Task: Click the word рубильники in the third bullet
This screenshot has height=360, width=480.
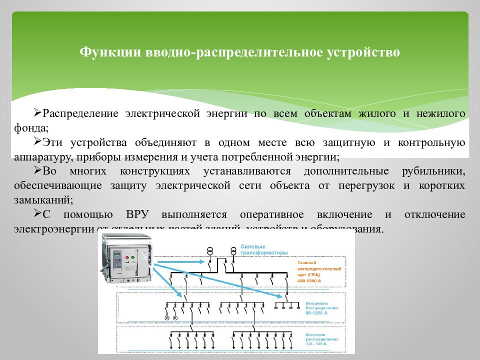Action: click(x=433, y=171)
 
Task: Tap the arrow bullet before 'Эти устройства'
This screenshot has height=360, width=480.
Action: click(x=38, y=142)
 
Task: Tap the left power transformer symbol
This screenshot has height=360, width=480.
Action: click(x=210, y=250)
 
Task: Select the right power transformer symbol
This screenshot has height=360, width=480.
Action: click(x=233, y=250)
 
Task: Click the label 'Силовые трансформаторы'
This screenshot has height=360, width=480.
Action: click(x=263, y=249)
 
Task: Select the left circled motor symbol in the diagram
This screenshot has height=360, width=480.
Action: click(x=167, y=318)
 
